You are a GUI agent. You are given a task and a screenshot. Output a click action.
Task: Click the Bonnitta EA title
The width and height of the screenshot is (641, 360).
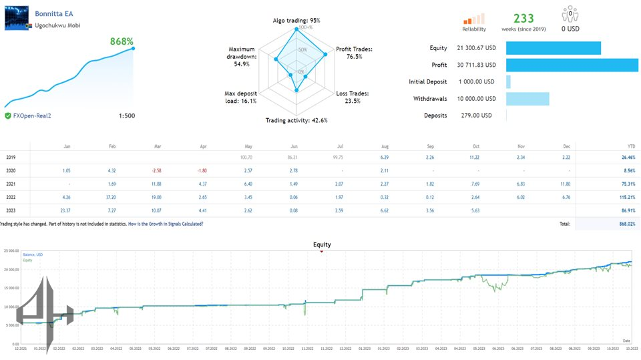coord(54,13)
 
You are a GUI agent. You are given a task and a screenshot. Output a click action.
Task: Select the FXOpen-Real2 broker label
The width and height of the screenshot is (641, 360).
coord(32,116)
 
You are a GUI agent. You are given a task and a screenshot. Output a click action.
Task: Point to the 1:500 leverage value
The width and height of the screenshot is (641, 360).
coord(126,116)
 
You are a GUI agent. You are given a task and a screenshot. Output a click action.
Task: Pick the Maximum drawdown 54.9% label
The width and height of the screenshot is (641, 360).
coord(241,57)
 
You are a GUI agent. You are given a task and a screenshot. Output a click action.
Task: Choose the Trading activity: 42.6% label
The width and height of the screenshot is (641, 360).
coord(297,120)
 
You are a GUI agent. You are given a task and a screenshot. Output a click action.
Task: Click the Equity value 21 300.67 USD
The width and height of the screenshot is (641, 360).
coord(475,48)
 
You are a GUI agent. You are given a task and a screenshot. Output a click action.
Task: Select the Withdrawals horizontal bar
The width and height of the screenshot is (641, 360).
coord(527,99)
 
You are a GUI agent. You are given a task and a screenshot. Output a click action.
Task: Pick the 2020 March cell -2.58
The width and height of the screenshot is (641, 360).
coord(158,170)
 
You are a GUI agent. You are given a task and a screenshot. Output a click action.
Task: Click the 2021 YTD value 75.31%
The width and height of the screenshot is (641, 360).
coord(626,184)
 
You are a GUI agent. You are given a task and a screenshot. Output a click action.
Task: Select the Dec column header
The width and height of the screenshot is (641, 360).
coord(566,146)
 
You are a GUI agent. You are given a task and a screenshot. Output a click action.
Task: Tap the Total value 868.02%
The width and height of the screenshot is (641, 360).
coord(625,224)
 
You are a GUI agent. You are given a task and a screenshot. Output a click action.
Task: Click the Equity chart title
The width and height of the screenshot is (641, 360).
coord(322,244)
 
